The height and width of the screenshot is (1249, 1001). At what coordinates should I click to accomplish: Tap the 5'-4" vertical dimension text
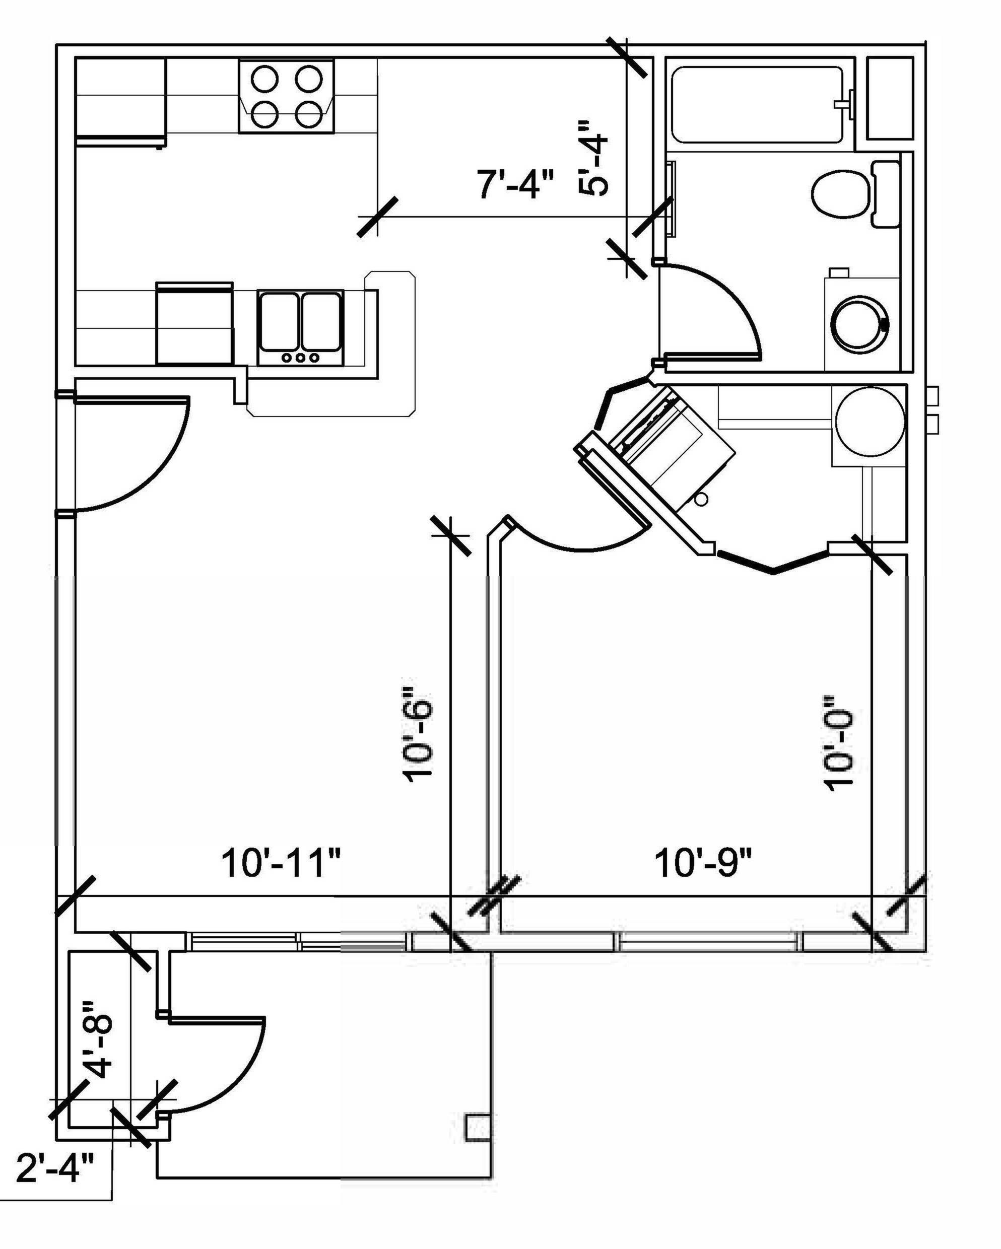(593, 158)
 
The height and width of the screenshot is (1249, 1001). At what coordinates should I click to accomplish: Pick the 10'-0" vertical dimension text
(839, 743)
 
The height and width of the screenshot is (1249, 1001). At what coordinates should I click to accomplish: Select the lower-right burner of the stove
(308, 114)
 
